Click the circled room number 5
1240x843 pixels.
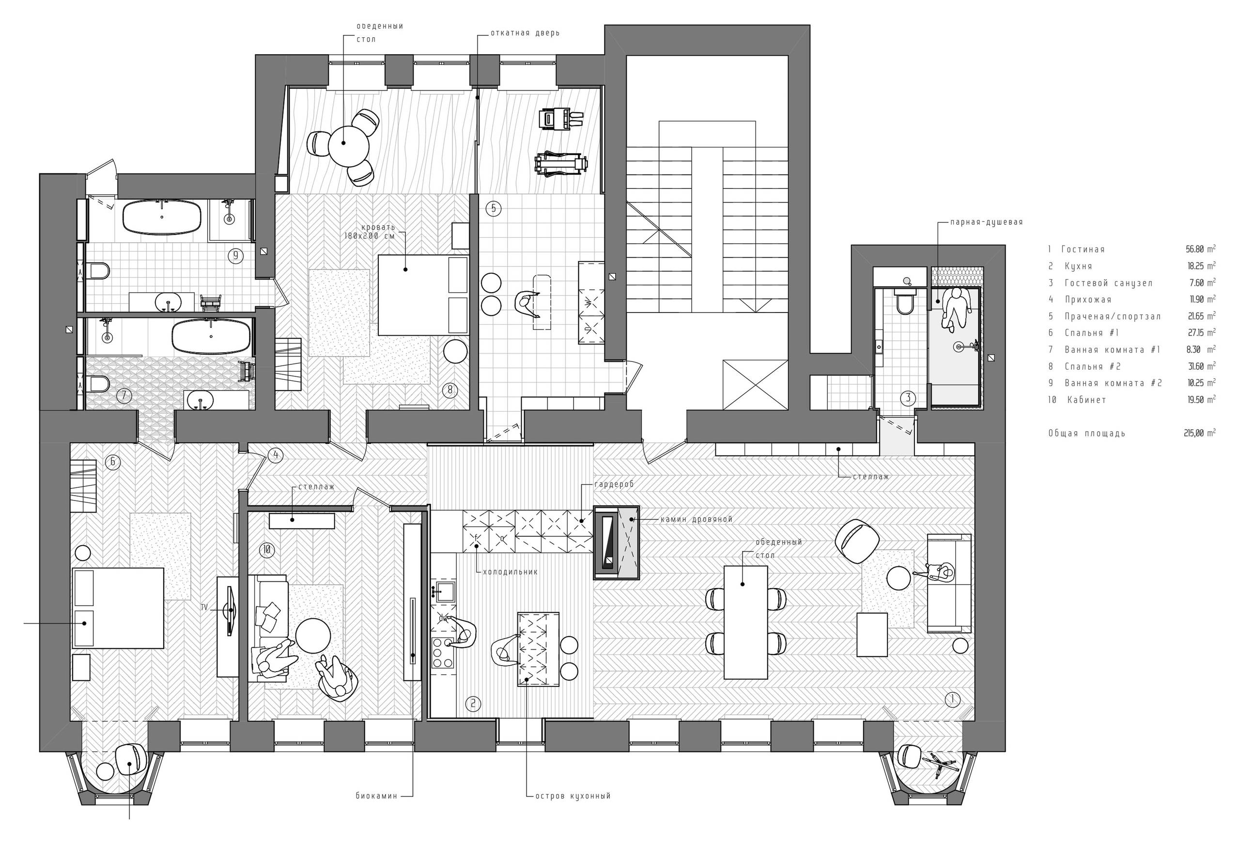point(493,208)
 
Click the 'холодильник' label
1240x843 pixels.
point(510,571)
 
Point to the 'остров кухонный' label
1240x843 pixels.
point(573,796)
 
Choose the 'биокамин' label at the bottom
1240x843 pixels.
point(377,796)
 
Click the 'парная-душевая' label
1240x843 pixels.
point(986,222)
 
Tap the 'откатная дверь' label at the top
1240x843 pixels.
point(525,33)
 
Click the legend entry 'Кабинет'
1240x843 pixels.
point(1086,400)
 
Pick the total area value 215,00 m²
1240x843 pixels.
point(1199,433)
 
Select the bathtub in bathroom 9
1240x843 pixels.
point(162,217)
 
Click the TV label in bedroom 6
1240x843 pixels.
point(204,607)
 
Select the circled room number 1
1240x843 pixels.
point(952,699)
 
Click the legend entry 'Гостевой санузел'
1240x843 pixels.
point(1108,283)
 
